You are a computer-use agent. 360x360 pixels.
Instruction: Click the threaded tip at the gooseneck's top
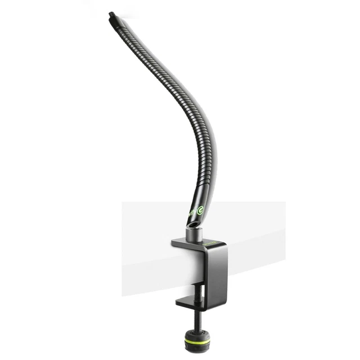(x=111, y=16)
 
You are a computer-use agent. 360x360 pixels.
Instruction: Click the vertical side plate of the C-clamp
(x=217, y=276)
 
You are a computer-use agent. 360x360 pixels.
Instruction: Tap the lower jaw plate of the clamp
(x=191, y=304)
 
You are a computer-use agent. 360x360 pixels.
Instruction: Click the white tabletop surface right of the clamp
(x=259, y=225)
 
